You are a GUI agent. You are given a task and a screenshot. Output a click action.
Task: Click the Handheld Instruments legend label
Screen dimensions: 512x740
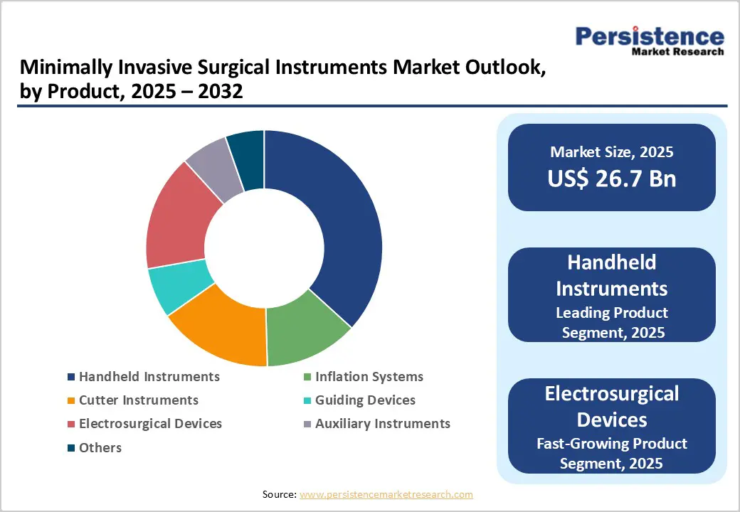[x=149, y=376]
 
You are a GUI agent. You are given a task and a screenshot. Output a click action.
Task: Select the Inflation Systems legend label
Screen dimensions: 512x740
[x=369, y=376]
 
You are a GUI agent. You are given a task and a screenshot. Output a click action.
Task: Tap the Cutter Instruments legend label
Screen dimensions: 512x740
[x=139, y=400]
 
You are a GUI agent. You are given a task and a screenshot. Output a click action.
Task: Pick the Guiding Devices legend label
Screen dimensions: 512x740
[x=365, y=400]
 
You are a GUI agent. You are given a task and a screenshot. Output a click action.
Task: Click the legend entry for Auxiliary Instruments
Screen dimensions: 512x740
[x=383, y=423]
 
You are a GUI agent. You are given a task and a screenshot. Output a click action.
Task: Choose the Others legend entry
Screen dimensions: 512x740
[x=100, y=447]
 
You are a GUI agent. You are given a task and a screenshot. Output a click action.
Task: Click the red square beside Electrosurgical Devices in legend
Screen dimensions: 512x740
[x=70, y=424]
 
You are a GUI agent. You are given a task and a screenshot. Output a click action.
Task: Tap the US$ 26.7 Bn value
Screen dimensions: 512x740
[x=611, y=178]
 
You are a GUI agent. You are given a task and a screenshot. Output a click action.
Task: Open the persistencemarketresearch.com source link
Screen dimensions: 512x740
[x=386, y=494]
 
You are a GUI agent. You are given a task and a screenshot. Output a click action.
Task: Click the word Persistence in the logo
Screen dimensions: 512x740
[x=649, y=36]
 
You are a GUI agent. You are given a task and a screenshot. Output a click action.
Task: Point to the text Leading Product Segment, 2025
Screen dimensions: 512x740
[x=612, y=322]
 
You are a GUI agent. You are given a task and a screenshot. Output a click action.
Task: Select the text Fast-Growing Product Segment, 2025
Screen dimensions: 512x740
[x=612, y=453]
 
